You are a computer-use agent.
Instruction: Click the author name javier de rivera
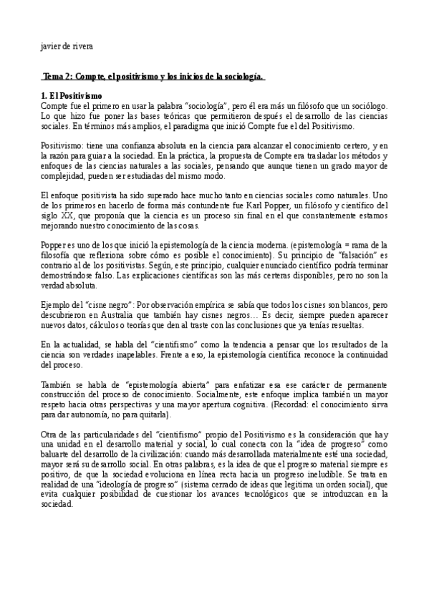coord(67,47)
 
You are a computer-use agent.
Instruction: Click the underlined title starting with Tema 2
coord(154,77)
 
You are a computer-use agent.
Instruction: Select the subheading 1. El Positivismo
coord(72,96)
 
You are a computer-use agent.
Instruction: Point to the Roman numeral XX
coord(66,216)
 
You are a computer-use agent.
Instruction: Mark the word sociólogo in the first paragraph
coord(367,105)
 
